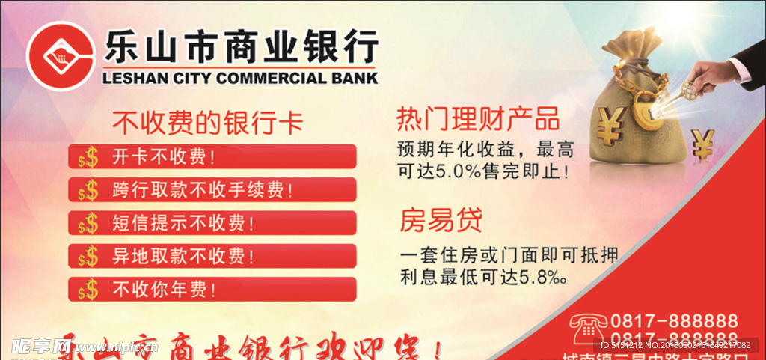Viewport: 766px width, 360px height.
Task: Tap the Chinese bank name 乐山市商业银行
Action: [240, 47]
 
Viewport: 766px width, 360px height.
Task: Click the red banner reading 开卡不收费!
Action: [212, 156]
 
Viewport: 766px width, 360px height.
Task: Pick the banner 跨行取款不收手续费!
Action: [212, 189]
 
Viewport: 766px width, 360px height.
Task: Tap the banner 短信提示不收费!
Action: [212, 222]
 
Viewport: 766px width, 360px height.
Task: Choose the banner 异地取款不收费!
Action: [212, 256]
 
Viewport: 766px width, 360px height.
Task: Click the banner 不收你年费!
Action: [212, 289]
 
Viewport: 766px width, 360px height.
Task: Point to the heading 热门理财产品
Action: [478, 118]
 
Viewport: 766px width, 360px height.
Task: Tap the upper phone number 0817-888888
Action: [674, 320]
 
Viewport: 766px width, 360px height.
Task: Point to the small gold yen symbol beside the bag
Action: [702, 143]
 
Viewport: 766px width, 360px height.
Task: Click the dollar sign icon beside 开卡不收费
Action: [88, 157]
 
